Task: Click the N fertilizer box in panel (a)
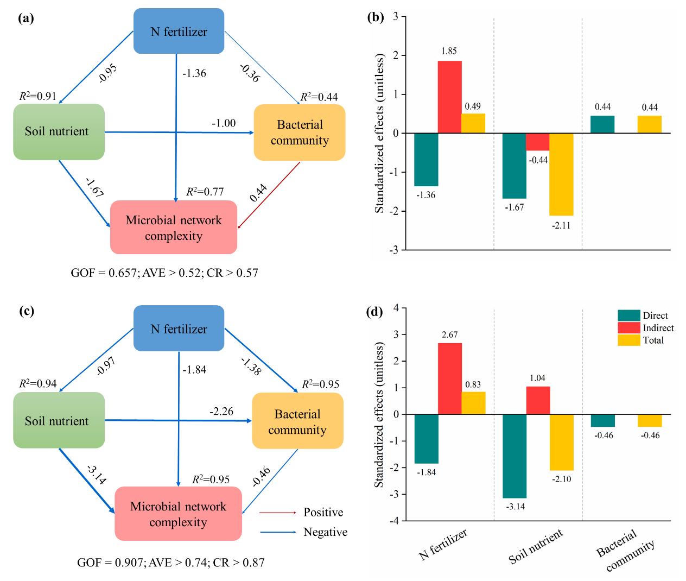[179, 31]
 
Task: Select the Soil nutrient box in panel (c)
[59, 420]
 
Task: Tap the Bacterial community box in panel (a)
[300, 132]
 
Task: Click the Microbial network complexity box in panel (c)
[178, 514]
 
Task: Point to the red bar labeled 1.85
[449, 97]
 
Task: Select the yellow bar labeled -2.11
[561, 174]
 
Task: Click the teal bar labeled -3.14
[514, 456]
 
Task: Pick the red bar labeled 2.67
[449, 378]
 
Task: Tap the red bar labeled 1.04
[538, 400]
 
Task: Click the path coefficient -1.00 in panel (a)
[224, 123]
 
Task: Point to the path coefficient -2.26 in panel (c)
[221, 412]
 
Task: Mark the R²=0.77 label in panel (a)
[205, 192]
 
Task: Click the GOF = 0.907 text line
[170, 563]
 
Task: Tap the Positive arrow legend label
[323, 512]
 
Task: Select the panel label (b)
[376, 17]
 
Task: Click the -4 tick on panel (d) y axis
[396, 521]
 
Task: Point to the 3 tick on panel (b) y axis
[396, 17]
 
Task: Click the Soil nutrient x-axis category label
[536, 546]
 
